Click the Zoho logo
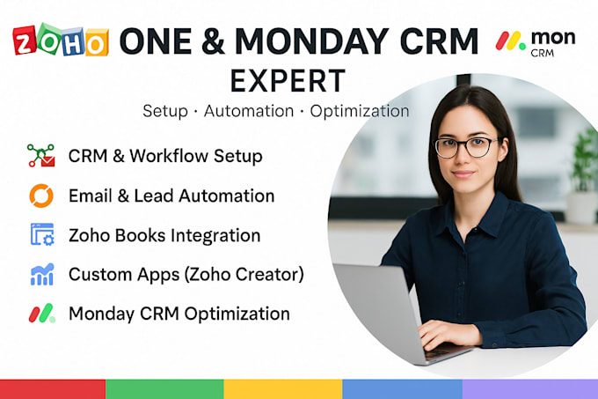point(61,40)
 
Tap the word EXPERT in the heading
point(288,81)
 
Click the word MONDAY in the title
point(311,41)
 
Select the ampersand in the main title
point(213,41)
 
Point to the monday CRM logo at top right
point(536,43)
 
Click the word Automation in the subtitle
point(249,111)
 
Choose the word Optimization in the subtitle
point(360,111)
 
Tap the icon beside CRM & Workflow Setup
point(41,155)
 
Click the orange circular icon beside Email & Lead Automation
point(41,196)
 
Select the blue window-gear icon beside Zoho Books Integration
point(42,234)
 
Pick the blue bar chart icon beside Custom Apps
point(42,274)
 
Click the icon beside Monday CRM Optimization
point(42,314)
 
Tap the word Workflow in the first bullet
point(169,156)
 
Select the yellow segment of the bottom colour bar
point(283,389)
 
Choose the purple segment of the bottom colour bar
point(530,389)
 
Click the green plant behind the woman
point(585,160)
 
